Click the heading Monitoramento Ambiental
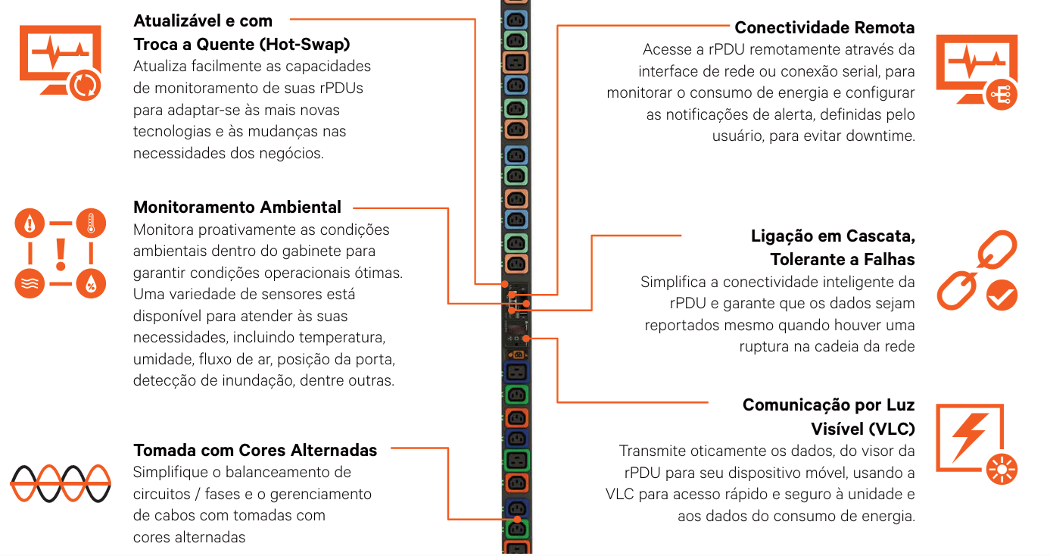(237, 207)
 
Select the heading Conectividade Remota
(824, 28)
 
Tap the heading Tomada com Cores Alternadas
(255, 450)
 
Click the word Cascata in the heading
(880, 236)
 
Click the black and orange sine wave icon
(61, 483)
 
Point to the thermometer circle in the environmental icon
(91, 223)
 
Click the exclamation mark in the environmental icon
(61, 253)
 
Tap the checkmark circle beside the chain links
(1002, 295)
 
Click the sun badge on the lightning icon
(1002, 470)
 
